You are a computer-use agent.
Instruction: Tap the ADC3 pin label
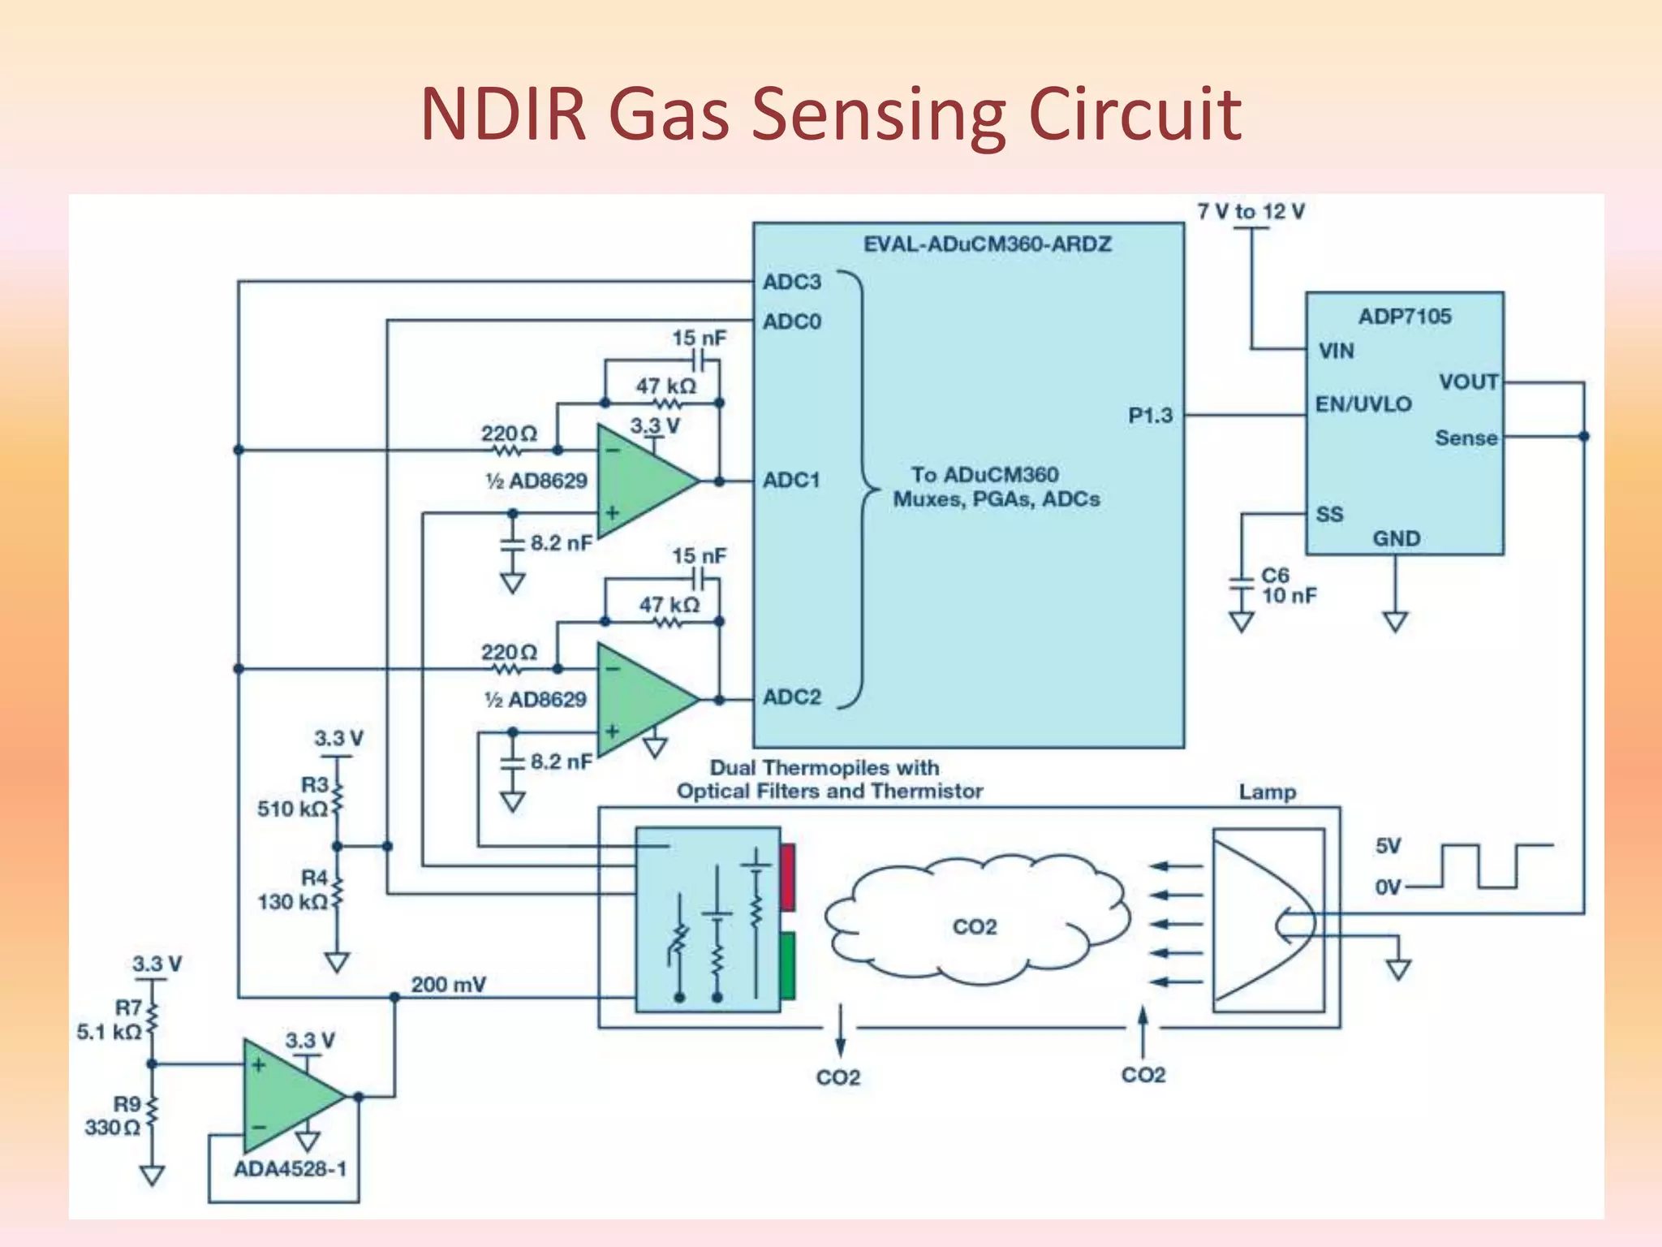pos(791,282)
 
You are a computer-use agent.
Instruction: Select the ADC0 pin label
pos(791,321)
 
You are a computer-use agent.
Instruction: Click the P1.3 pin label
pos(1150,416)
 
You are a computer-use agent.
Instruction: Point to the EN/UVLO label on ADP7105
pos(1363,403)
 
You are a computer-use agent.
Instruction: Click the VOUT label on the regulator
pos(1468,382)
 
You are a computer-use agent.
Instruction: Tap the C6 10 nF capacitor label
pos(1287,585)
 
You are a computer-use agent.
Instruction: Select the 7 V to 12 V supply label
pos(1250,212)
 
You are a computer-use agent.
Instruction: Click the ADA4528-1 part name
pos(290,1169)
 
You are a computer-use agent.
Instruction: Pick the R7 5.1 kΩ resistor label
pos(110,1020)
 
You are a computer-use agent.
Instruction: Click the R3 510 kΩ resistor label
pos(294,797)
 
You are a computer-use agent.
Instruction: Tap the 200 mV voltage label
pos(448,985)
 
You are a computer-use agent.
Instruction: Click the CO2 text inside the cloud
pos(974,926)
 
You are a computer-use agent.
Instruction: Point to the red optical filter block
pos(786,877)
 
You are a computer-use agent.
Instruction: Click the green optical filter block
pos(786,965)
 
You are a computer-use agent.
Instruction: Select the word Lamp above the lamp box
pos(1267,792)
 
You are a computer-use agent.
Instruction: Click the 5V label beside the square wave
pos(1388,846)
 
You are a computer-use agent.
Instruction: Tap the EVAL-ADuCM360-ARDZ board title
pos(987,244)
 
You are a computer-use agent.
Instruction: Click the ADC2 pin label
pos(791,697)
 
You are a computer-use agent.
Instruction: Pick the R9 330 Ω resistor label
pos(114,1115)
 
